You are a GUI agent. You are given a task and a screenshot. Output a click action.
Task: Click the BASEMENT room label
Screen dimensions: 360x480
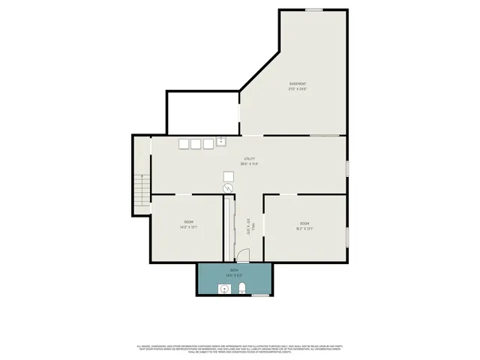298,82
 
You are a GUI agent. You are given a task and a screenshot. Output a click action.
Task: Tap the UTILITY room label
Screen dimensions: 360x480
249,159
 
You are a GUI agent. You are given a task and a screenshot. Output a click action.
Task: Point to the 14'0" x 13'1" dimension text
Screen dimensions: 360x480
188,227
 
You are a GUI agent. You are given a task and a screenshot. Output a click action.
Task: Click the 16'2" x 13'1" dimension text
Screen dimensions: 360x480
304,227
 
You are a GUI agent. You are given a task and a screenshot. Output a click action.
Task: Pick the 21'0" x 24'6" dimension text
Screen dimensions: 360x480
298,88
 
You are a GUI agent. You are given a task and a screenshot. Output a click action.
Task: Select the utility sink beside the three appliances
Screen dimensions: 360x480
221,140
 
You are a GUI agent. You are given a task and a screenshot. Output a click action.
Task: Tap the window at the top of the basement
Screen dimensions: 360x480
314,10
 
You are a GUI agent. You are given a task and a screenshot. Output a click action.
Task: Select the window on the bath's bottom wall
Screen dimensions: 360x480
260,295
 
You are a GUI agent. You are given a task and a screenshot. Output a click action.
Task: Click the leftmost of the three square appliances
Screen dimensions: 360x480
183,144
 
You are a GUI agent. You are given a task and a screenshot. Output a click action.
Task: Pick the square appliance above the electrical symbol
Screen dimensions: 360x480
228,175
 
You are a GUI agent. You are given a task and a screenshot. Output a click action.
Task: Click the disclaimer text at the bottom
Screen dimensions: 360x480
239,349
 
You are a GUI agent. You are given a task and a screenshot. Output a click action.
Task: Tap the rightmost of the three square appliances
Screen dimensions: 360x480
208,144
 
